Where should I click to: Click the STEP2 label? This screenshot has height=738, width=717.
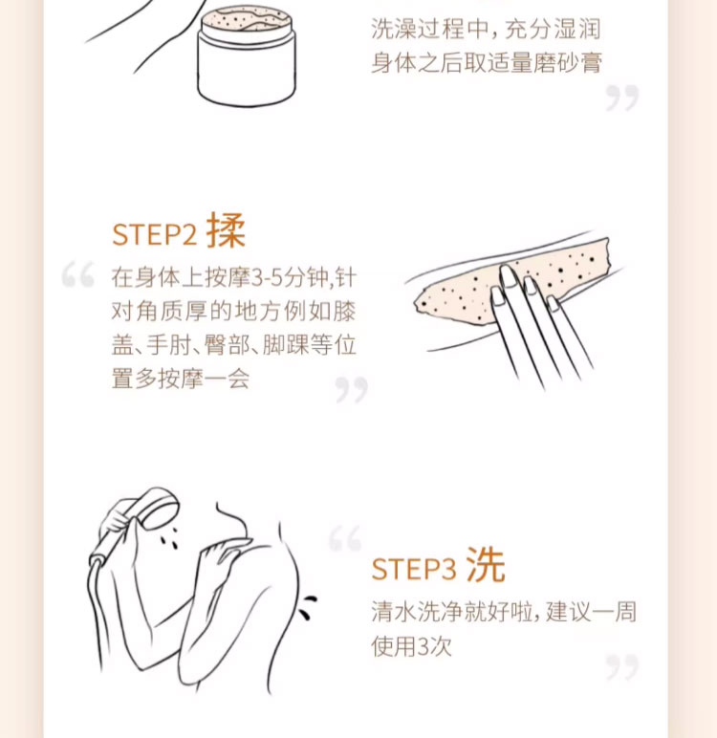click(154, 234)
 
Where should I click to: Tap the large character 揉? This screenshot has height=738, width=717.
click(227, 230)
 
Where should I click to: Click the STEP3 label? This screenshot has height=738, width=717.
click(414, 569)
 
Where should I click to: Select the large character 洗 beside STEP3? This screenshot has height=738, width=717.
click(486, 565)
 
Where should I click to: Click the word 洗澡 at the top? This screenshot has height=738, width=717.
click(394, 30)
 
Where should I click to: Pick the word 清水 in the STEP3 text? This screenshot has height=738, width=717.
click(394, 612)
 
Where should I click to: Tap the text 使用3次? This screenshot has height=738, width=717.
click(411, 646)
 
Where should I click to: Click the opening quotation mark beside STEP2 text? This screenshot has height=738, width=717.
click(78, 274)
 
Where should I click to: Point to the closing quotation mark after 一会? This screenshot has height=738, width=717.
click(351, 389)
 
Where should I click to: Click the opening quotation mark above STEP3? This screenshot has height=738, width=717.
click(345, 537)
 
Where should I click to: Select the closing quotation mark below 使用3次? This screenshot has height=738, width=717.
click(622, 666)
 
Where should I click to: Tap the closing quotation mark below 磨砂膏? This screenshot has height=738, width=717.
click(622, 98)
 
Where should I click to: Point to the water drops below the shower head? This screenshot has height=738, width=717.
click(168, 537)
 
